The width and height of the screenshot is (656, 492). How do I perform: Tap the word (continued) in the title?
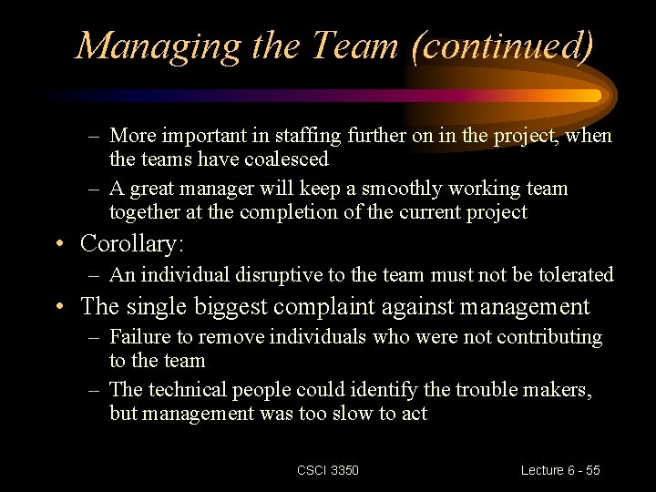(x=502, y=45)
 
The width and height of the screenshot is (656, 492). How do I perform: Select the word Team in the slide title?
(x=349, y=45)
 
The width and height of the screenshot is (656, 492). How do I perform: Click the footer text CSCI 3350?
(x=328, y=470)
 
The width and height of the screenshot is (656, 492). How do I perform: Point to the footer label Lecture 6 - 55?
(x=560, y=470)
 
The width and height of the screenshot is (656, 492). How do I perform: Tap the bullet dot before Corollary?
(x=59, y=245)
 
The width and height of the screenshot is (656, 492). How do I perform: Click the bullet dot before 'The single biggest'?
(x=59, y=308)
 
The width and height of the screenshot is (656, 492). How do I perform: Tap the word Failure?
(x=139, y=337)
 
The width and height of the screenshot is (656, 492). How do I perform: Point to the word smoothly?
(x=401, y=189)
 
